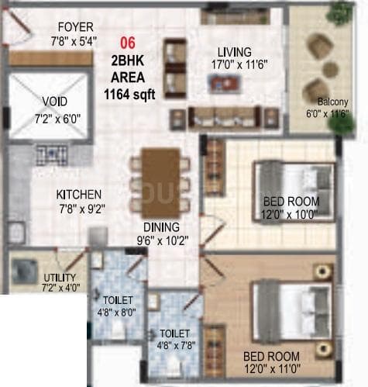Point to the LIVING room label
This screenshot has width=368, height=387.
click(x=234, y=52)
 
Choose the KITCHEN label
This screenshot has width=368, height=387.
click(x=79, y=194)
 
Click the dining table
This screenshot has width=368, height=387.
click(x=160, y=183)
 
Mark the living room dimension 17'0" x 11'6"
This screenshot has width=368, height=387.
click(x=234, y=67)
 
